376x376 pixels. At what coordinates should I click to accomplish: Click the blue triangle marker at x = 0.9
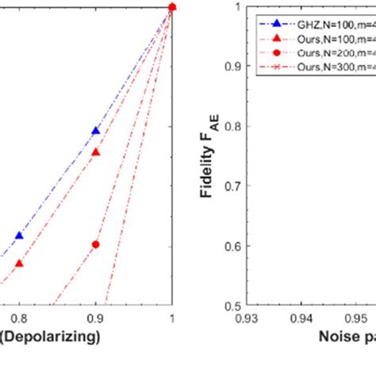click(x=96, y=130)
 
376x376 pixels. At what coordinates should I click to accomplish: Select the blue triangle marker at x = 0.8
click(x=19, y=235)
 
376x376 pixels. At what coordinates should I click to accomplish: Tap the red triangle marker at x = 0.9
click(x=96, y=152)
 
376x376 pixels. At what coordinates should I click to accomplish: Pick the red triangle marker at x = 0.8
click(x=19, y=263)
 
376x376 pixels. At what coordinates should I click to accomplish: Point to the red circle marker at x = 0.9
click(x=96, y=244)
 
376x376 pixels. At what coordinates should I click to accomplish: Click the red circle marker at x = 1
click(x=172, y=7)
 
